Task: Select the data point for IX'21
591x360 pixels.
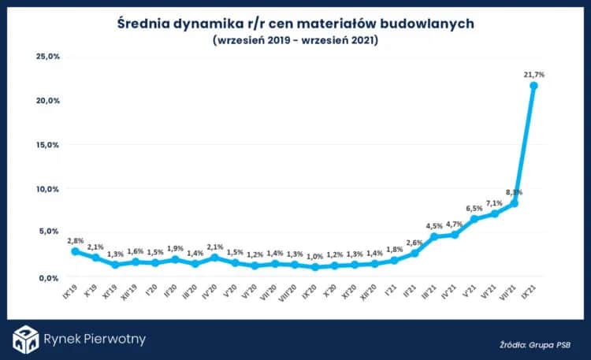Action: tap(533, 85)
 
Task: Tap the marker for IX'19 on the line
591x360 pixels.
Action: tap(76, 251)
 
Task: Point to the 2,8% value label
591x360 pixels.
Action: tap(76, 240)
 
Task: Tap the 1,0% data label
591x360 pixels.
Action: tap(315, 256)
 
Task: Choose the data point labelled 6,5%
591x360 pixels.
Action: tap(474, 219)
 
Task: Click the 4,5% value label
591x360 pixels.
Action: tap(434, 225)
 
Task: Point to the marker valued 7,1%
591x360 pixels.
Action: tap(495, 213)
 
